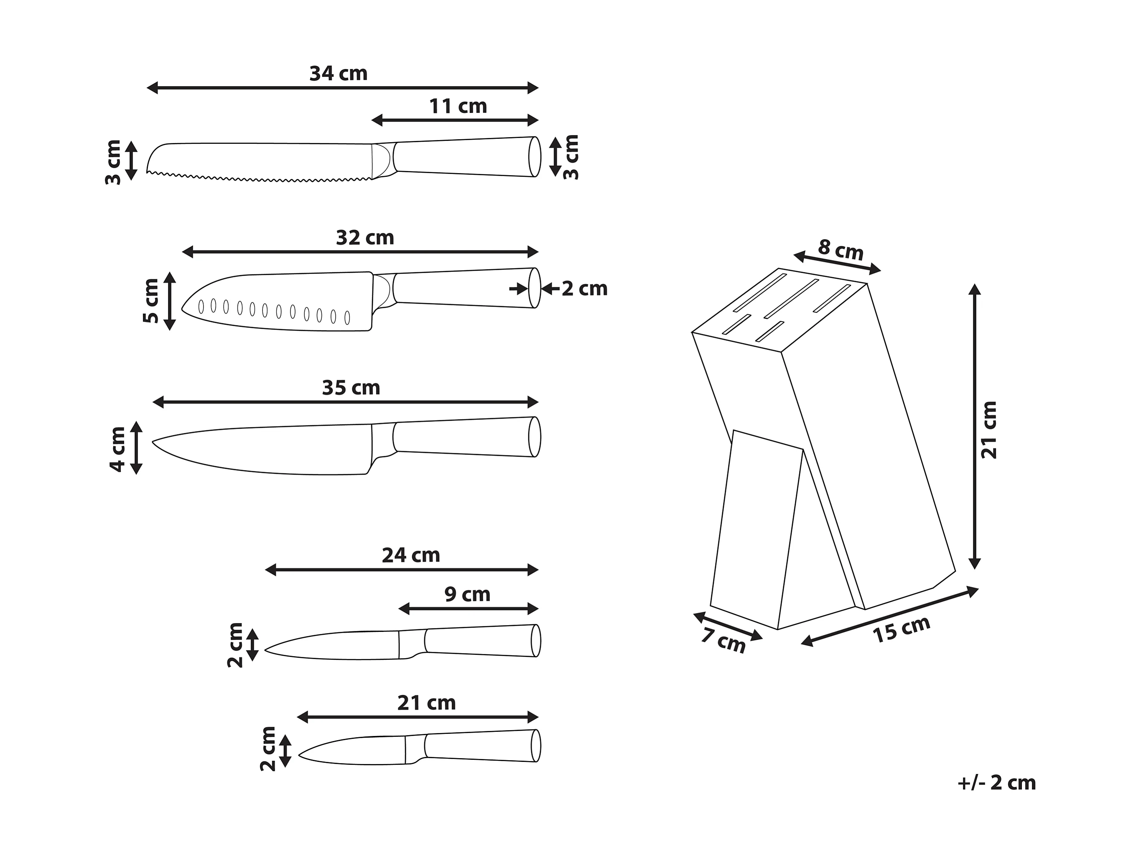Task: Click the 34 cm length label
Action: [339, 74]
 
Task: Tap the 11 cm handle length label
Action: [458, 106]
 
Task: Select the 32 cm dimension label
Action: [365, 238]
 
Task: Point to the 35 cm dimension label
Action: [351, 388]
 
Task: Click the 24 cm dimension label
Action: [410, 556]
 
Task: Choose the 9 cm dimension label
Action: [467, 594]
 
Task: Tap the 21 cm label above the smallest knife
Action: [426, 703]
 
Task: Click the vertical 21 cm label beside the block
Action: [989, 430]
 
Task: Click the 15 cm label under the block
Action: [901, 629]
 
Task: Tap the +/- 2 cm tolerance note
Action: [996, 783]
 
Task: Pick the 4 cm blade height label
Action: [117, 449]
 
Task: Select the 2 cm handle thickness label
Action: [584, 289]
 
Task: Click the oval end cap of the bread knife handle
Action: [535, 157]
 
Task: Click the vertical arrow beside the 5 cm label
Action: [170, 302]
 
